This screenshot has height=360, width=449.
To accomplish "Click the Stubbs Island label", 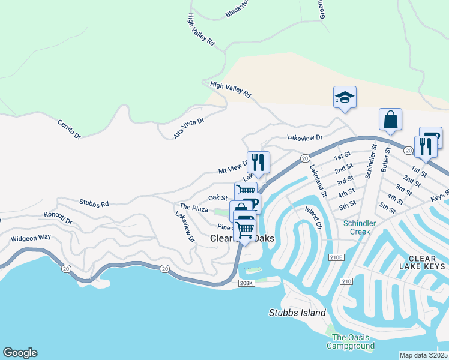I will [297, 313].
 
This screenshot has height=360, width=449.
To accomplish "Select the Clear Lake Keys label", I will [423, 266].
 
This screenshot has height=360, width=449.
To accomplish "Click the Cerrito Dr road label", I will [69, 130].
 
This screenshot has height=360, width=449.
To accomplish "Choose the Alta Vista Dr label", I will [189, 128].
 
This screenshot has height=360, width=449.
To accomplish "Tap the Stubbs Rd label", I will [94, 204].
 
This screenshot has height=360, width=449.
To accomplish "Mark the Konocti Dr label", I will [58, 218].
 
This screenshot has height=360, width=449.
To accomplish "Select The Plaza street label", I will [193, 208].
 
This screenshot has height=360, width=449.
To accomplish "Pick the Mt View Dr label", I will [234, 167].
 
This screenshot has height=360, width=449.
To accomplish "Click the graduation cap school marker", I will [345, 97].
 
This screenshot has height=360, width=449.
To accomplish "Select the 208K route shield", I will [246, 283].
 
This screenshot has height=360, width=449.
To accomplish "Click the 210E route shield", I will [338, 257].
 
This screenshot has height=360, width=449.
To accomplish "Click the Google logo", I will [20, 353].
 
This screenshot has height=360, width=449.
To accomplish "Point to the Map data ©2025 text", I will [424, 355].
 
